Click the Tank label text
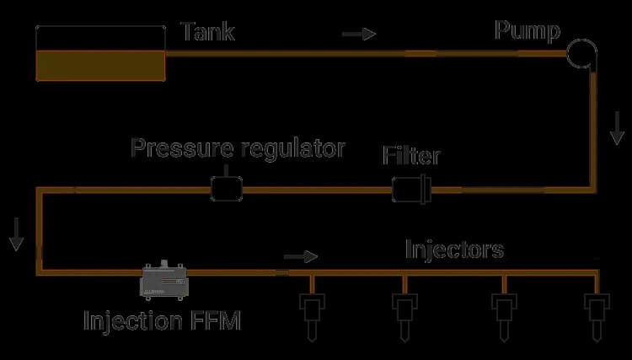[208, 32]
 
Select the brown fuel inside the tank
[100, 65]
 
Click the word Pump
[527, 32]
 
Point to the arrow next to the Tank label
[358, 35]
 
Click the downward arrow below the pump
[618, 126]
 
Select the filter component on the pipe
[411, 189]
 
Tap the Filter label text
[411, 156]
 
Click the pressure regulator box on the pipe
[226, 188]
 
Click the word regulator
[292, 149]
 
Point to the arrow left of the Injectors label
[302, 255]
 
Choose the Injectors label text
[454, 250]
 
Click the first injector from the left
[311, 313]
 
